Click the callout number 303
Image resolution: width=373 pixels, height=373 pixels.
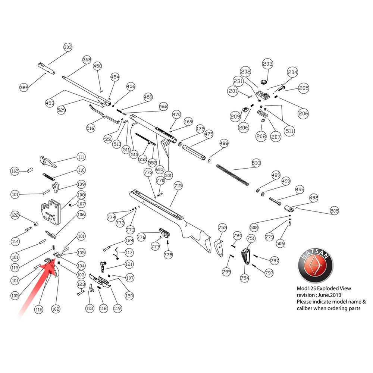[x=68, y=47]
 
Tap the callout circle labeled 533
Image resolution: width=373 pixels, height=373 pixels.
[x=256, y=163]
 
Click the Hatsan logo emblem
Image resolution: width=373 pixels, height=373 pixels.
[x=315, y=265]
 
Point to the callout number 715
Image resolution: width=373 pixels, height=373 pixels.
[x=178, y=185]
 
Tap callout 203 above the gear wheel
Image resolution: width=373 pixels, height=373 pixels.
[x=267, y=64]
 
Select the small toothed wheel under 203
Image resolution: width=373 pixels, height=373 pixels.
[x=264, y=82]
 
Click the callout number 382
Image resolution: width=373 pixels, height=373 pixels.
[x=24, y=87]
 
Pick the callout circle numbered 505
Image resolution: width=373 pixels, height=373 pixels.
[x=335, y=210]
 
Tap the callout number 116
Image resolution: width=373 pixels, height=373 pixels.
[x=39, y=310]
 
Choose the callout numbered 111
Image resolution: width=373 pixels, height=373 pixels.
[x=81, y=157]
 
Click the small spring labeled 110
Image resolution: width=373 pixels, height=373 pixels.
[x=49, y=176]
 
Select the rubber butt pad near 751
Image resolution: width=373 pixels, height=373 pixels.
[x=246, y=257]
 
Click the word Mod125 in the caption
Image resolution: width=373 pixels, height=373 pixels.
[x=306, y=288]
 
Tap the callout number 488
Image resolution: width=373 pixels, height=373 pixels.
[x=224, y=143]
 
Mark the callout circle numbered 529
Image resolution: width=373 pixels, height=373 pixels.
[x=62, y=110]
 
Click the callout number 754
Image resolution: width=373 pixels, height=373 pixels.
[x=245, y=278]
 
